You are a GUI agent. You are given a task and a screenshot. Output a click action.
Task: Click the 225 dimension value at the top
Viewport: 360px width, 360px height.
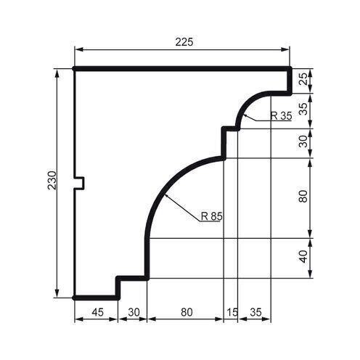(184, 42)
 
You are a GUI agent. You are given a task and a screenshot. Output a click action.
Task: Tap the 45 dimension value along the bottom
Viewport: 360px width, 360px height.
(97, 313)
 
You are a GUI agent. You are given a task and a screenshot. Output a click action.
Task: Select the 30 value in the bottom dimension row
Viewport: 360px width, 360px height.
(133, 313)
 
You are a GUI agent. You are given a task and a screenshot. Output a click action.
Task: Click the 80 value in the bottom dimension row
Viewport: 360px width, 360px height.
(185, 313)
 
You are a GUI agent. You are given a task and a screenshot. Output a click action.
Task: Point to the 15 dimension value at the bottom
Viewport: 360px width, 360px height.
(232, 313)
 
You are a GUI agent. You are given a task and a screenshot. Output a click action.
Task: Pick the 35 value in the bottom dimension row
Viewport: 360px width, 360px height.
(255, 313)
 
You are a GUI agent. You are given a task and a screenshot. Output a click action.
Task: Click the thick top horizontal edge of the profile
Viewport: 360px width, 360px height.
(181, 69)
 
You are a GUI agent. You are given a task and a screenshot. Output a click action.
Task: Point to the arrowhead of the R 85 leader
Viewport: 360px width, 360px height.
(166, 195)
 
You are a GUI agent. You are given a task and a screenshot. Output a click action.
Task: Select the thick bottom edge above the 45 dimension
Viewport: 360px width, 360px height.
(97, 297)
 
